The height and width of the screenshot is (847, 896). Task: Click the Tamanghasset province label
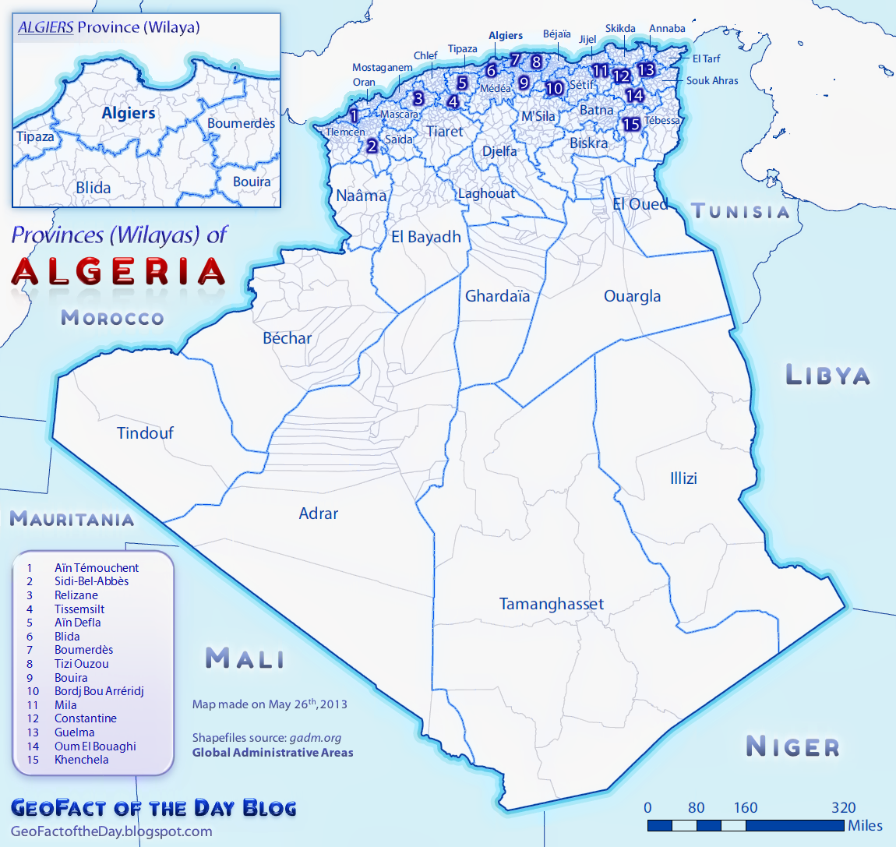[x=551, y=604]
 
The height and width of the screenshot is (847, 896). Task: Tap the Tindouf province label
[x=145, y=433]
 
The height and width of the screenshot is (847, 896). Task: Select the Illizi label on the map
[x=683, y=478]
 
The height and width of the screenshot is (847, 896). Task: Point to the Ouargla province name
[x=632, y=296]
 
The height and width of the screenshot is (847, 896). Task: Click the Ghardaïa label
[x=497, y=296]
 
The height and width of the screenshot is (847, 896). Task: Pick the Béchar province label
[x=287, y=338]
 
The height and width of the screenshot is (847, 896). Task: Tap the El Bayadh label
[x=426, y=237]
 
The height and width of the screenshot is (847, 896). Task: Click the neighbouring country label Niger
[x=793, y=746]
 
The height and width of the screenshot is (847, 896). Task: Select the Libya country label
[x=827, y=375]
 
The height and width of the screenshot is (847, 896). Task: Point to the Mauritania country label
[x=72, y=519]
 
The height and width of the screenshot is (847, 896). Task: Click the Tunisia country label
[x=741, y=211]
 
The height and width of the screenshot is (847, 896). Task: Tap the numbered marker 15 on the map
[x=631, y=124]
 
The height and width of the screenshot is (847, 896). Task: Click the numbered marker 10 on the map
[x=554, y=88]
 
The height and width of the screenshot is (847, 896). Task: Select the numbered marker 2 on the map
[x=372, y=146]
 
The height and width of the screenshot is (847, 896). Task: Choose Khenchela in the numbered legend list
[x=81, y=760]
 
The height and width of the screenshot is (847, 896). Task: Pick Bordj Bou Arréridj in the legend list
[x=99, y=691]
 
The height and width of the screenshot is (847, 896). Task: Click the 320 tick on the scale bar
[x=843, y=808]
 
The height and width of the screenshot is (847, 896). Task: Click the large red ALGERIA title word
[x=118, y=272]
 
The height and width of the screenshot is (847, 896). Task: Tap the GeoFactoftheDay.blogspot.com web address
[x=111, y=831]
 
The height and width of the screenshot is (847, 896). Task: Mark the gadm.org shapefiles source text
[x=316, y=738]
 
